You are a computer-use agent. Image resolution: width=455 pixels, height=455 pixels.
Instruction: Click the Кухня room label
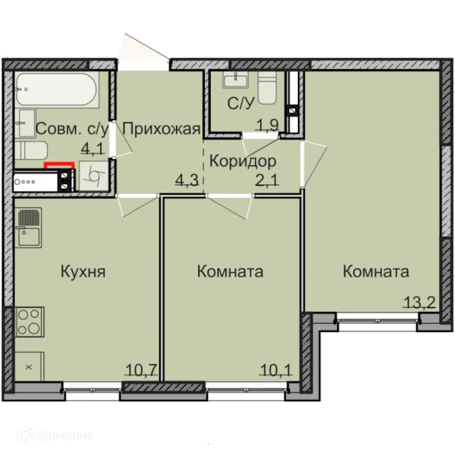83,272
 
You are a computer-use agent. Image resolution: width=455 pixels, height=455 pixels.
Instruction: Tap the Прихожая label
162,129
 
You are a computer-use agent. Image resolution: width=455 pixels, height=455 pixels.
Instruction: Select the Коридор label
243,162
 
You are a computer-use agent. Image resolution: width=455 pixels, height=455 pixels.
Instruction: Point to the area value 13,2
419,303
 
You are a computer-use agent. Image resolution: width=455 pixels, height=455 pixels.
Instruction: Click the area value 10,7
141,370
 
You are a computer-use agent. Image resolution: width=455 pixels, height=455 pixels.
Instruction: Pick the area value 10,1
276,370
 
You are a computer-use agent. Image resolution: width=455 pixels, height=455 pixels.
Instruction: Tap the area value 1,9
267,125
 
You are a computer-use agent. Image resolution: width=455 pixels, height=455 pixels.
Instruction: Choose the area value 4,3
187,180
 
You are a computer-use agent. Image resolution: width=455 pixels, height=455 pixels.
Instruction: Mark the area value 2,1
267,180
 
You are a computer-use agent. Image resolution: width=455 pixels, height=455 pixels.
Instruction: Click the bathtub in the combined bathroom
56,89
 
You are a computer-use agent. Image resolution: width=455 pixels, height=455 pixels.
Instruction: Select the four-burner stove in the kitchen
29,322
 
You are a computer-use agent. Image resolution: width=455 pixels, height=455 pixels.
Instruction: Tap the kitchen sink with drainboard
28,227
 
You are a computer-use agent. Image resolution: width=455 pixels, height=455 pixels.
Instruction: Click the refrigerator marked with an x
29,366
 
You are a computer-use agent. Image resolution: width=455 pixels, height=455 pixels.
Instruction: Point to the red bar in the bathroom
59,165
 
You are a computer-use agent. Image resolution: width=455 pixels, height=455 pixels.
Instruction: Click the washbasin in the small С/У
235,80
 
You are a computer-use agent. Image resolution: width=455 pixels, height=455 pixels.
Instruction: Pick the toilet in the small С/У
267,88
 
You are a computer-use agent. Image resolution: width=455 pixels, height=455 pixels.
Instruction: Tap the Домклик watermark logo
55,435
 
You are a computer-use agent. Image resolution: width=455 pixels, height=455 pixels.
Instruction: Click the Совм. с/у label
72,129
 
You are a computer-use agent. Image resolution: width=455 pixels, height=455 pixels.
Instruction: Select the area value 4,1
93,149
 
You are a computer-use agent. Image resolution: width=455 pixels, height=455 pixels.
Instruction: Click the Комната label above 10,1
230,272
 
